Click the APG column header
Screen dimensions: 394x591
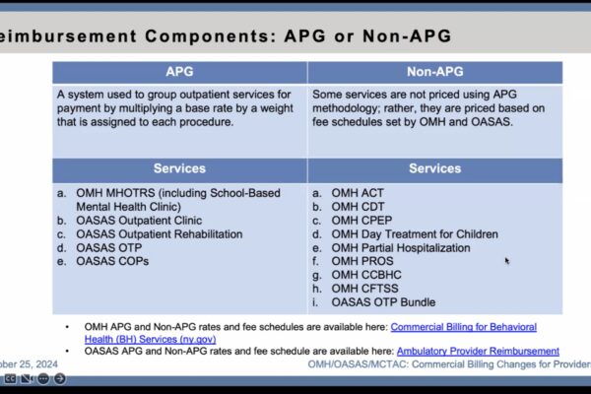pyautogui.click(x=179, y=72)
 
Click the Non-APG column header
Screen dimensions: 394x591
pyautogui.click(x=434, y=72)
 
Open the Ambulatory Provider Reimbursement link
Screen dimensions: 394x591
pyautogui.click(x=478, y=351)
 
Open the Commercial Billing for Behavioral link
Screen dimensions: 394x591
pyautogui.click(x=463, y=326)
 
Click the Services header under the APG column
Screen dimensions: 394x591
pyautogui.click(x=179, y=168)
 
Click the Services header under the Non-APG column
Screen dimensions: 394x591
pyautogui.click(x=434, y=168)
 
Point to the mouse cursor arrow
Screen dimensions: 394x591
pyautogui.click(x=507, y=261)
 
